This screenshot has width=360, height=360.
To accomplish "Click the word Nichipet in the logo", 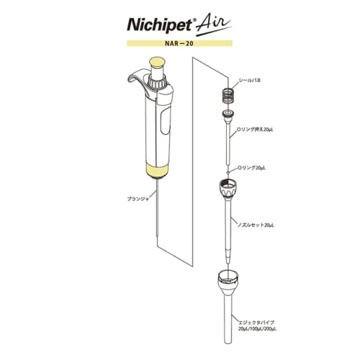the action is pyautogui.click(x=160, y=24).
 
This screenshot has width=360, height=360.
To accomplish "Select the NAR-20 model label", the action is pyautogui.click(x=179, y=43).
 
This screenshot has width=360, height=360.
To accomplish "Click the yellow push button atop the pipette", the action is pyautogui.click(x=157, y=62).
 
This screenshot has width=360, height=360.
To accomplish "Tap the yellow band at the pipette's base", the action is pyautogui.click(x=157, y=171).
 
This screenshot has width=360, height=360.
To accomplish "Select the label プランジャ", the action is pyautogui.click(x=138, y=199).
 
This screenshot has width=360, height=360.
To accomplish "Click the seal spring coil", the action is pyautogui.click(x=227, y=96).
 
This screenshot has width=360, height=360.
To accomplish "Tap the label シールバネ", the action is pyautogui.click(x=250, y=81).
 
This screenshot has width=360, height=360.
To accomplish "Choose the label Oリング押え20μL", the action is pyautogui.click(x=255, y=130).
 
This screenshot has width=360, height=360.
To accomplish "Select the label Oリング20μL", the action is pyautogui.click(x=251, y=168).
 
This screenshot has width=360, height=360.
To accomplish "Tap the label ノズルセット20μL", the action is pyautogui.click(x=256, y=225).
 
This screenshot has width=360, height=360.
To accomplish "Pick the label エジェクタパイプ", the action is pyautogui.click(x=256, y=323).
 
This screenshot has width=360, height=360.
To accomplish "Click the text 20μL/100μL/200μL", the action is pyautogui.click(x=257, y=329).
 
